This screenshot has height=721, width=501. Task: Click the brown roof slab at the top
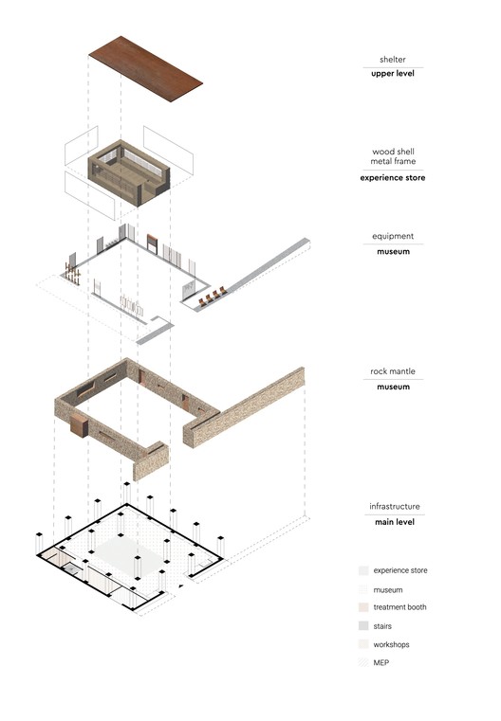coord(145,68)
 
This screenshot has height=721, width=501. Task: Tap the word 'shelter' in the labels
coord(392,60)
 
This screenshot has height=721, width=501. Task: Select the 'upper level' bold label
coord(392,73)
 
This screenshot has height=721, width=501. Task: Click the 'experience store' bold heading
coord(392,177)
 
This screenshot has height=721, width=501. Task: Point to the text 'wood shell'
coord(393,152)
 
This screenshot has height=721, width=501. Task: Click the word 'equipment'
coord(393,236)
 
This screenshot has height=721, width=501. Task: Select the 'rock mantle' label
coord(392,371)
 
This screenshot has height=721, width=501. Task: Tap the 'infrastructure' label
coord(394,506)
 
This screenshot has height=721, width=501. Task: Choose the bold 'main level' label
coord(394,522)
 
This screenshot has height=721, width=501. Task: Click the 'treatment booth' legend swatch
coord(363,607)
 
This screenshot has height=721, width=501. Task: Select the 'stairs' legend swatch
coord(363,626)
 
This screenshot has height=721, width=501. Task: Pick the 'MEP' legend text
coord(380,662)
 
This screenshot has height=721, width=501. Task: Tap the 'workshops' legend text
coord(391,644)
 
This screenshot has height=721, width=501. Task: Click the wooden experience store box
coord(129,172)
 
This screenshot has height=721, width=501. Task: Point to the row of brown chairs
coord(213,297)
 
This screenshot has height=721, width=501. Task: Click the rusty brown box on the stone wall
coord(79,424)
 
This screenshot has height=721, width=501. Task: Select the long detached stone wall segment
coord(244,407)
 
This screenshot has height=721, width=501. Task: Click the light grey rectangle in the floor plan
coord(130,553)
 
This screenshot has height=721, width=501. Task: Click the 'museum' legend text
coord(388,590)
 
